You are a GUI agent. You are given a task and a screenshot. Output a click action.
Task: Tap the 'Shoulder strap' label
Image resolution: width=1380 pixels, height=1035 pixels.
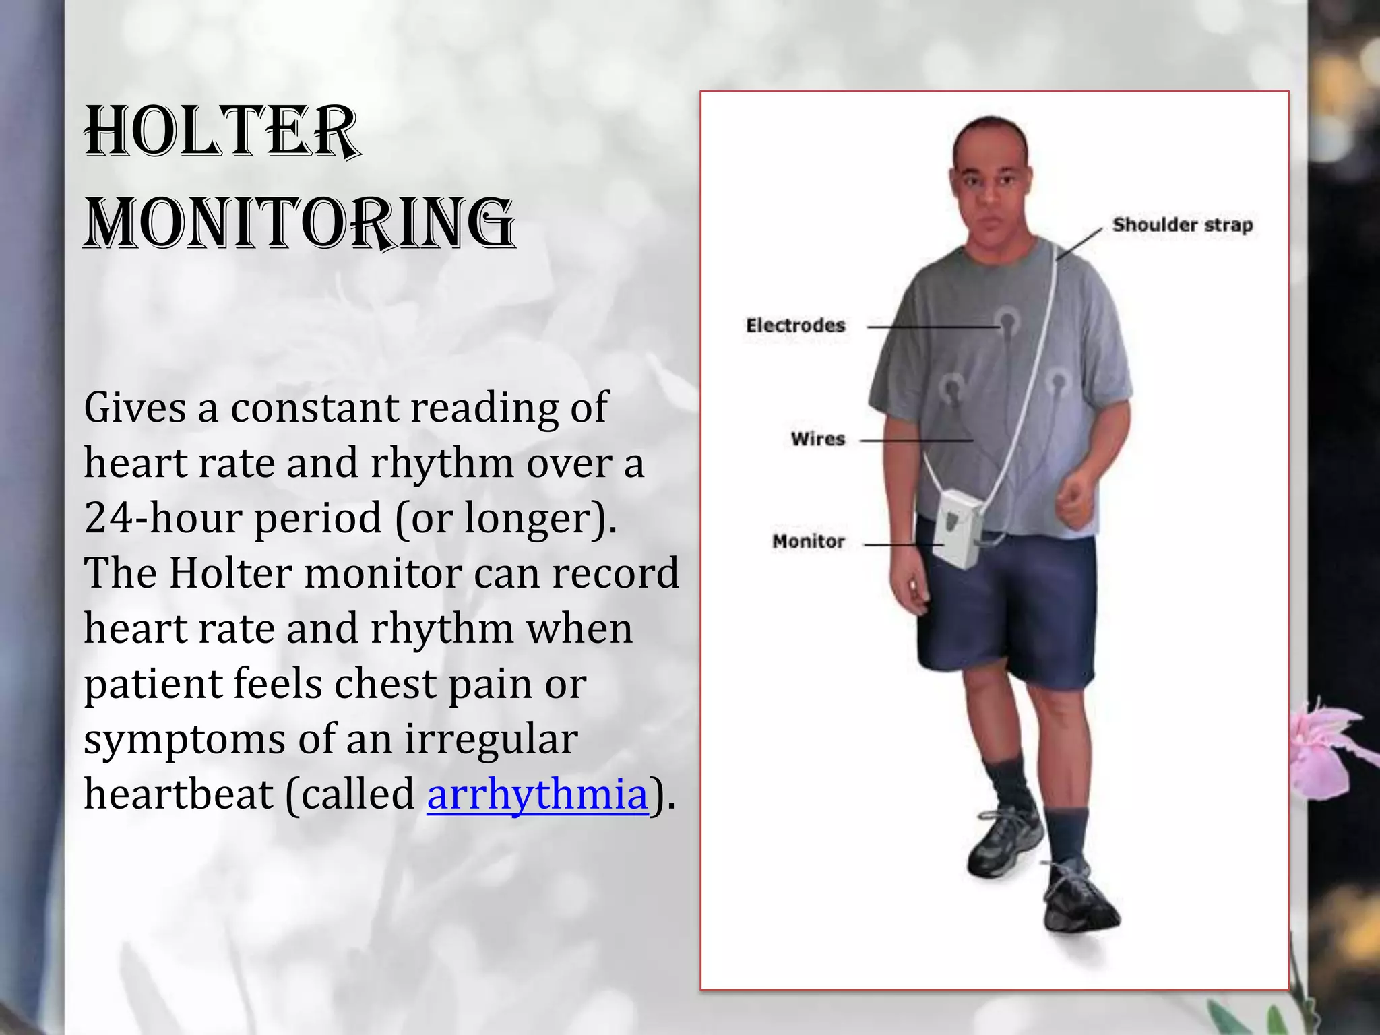tap(1182, 224)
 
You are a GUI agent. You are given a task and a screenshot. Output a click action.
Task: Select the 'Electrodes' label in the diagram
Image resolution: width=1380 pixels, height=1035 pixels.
tap(795, 325)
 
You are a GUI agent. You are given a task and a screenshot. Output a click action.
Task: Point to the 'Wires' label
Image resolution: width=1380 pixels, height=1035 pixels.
tap(817, 439)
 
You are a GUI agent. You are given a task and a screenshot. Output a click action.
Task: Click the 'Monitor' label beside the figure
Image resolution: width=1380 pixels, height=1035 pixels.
tap(808, 541)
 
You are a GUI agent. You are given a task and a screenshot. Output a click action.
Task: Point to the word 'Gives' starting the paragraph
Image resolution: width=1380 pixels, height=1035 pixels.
tap(134, 408)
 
